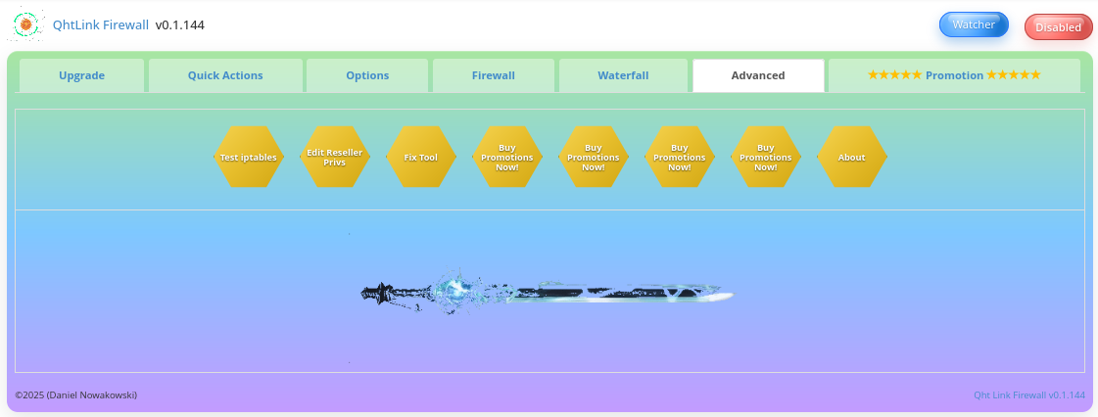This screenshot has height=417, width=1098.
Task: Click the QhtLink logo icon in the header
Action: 27,24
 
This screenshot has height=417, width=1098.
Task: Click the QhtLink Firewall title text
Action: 101,24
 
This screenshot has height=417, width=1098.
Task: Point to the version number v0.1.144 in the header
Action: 179,24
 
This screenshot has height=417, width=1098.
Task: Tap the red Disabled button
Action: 1058,27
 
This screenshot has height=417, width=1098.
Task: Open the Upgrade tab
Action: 81,75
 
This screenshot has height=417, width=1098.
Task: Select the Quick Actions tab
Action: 225,75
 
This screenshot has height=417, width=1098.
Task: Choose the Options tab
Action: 367,75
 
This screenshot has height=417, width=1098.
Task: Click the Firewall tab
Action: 494,75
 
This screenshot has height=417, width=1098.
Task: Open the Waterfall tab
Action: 623,75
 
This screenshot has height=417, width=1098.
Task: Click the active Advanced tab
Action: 758,75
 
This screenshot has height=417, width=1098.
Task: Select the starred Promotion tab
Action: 954,75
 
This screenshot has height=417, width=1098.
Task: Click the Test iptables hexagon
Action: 248,157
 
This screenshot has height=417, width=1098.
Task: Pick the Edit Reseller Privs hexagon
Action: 334,157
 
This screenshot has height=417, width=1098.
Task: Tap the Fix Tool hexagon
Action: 420,157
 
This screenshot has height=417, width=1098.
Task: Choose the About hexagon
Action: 851,157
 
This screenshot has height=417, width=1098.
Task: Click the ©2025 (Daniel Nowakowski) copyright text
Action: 76,394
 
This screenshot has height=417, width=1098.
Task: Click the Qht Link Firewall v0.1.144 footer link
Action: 1028,394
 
